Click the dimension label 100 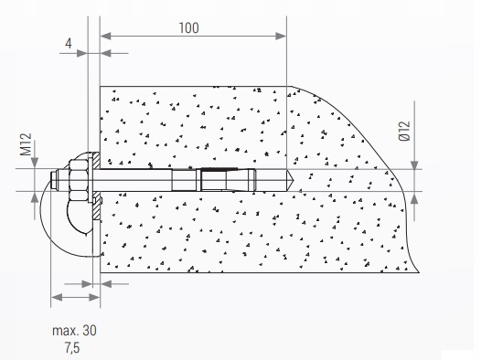[x=188, y=28]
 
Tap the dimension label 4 [x=69, y=44]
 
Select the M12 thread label [x=27, y=144]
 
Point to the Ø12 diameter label [x=404, y=131]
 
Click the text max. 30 [x=74, y=331]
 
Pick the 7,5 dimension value [x=72, y=348]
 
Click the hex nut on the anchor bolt [x=79, y=180]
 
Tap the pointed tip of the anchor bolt [x=293, y=180]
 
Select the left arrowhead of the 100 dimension [x=105, y=37]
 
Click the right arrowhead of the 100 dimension [x=281, y=37]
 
